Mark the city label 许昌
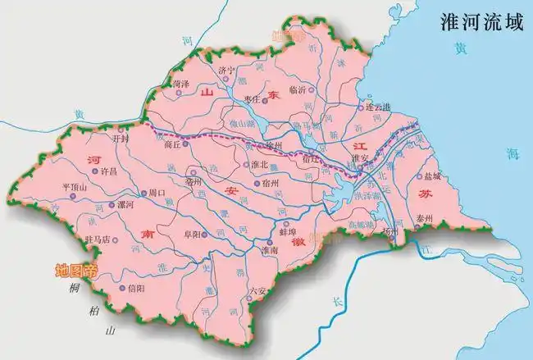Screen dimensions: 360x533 [x=109, y=173]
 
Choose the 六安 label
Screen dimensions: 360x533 [x=257, y=289]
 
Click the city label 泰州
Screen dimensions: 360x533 [x=423, y=219]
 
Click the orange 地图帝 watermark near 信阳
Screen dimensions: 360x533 [x=75, y=269]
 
